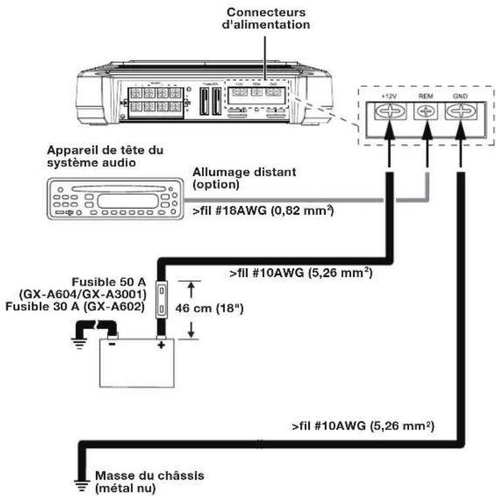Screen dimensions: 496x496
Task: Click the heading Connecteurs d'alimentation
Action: pos(266,19)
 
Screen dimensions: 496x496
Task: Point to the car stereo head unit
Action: pos(112,199)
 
